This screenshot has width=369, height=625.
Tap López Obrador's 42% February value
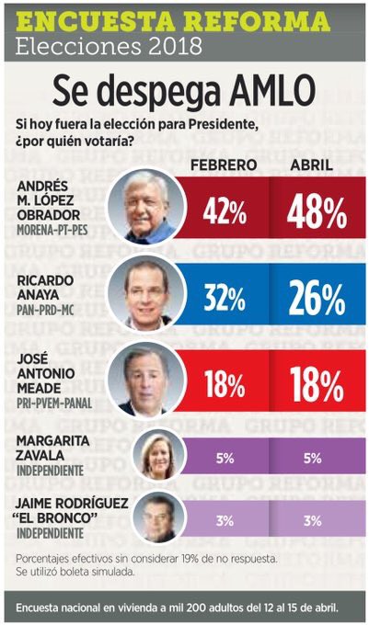225,213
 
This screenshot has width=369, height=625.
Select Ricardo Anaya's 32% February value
225,299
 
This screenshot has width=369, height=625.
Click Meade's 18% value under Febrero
225,384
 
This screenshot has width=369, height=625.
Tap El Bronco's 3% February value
225,521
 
